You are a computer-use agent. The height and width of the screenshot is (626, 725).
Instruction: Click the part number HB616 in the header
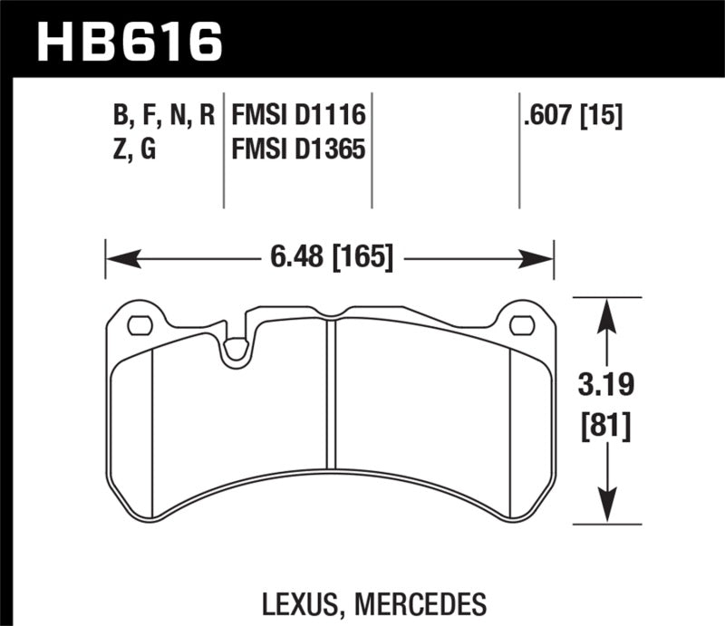point(127,41)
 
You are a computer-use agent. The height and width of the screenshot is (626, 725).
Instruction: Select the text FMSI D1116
point(298,116)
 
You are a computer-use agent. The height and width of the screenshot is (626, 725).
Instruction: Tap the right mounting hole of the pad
point(521,324)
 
